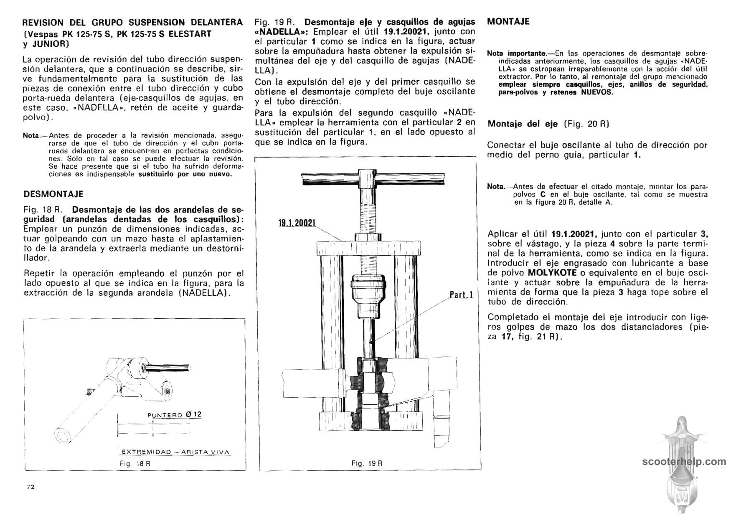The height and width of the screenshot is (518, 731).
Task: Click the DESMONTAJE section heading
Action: coord(53,194)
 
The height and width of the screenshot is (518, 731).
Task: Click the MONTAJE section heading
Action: coord(508,22)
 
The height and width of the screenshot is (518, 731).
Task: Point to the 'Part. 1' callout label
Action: coord(461,295)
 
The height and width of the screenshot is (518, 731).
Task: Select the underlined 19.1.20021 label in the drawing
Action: coord(297,223)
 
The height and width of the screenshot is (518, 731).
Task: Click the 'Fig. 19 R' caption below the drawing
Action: coord(367,463)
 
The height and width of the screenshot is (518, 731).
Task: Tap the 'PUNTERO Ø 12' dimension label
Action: coord(175,415)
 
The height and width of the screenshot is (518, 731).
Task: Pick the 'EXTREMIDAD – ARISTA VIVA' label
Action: coord(175,452)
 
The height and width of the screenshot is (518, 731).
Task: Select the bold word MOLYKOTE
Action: coord(554,273)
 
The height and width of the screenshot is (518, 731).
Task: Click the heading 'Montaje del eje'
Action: coord(523,124)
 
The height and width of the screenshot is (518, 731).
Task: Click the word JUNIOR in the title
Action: coord(50,43)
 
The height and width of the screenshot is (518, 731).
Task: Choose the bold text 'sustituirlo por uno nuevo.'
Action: coord(185,174)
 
